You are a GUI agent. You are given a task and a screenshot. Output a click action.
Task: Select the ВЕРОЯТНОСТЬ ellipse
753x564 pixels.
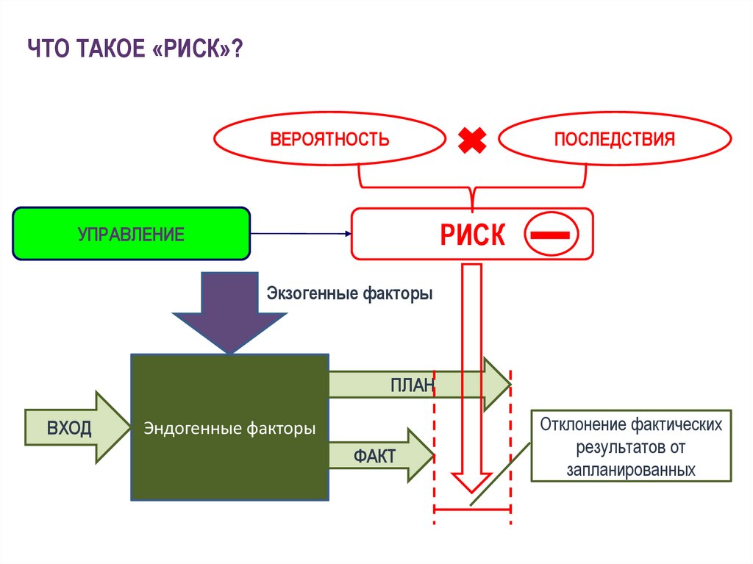329,138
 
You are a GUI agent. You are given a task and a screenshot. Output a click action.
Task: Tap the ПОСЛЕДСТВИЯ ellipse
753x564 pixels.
614,138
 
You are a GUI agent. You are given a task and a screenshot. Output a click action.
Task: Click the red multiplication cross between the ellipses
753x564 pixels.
472,140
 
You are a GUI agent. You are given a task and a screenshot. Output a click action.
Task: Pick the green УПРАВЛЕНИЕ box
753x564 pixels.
131,234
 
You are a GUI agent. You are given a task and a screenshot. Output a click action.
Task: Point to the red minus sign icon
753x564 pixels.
551,234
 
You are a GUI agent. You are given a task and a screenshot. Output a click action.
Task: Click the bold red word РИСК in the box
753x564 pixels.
473,235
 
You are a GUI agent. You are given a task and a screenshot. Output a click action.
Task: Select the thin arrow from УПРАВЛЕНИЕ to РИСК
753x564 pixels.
301,234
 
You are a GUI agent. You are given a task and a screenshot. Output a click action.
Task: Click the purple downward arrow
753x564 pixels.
229,313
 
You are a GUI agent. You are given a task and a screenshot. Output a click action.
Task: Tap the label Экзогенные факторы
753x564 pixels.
349,293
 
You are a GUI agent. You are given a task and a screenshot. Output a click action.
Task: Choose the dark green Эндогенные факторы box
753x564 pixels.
230,427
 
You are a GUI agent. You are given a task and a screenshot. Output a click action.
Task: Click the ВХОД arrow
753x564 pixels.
77,427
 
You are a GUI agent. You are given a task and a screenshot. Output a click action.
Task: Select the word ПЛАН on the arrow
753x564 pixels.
413,385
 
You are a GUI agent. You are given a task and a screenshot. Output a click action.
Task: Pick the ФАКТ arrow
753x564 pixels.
382,455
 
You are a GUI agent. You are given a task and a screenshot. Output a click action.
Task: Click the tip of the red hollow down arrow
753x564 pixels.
471,493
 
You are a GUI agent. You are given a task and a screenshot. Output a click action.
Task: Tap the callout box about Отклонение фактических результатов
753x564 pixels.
631,446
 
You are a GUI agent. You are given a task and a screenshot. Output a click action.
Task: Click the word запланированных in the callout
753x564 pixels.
631,469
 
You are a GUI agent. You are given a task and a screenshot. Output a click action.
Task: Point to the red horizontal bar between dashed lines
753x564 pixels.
472,509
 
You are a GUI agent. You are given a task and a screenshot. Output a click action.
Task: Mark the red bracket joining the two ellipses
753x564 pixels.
473,188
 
